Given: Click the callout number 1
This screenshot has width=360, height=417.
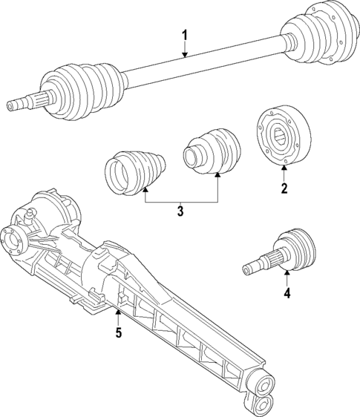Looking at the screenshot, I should [x=185, y=35].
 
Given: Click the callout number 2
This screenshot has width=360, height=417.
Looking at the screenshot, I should [x=284, y=188].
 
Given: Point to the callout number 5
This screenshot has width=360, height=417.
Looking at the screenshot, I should [x=118, y=332].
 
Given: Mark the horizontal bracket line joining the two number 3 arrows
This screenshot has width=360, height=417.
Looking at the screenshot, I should [x=180, y=203].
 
